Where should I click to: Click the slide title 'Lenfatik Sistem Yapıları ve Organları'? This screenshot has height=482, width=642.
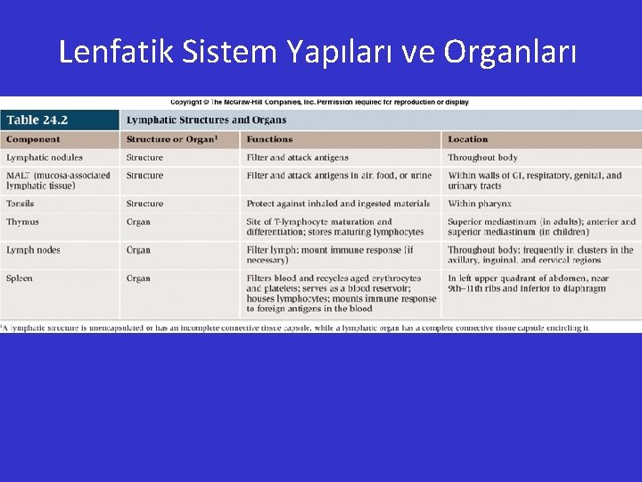(x=318, y=53)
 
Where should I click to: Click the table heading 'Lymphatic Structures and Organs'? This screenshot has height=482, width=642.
(x=206, y=120)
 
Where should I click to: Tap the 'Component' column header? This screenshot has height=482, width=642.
(x=33, y=139)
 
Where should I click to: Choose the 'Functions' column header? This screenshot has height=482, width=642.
(x=269, y=139)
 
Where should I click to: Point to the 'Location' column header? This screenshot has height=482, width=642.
(x=468, y=139)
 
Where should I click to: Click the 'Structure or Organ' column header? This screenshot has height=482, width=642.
(x=171, y=139)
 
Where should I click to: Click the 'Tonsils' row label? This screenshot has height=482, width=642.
(x=21, y=204)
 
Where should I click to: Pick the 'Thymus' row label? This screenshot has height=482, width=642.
(x=22, y=222)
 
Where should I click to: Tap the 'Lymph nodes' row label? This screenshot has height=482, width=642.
(x=33, y=250)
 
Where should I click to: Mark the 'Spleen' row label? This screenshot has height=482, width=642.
(x=20, y=278)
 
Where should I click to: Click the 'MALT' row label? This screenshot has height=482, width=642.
(x=58, y=180)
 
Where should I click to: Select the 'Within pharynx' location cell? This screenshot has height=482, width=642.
(x=480, y=204)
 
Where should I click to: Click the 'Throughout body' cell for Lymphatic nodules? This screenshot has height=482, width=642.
(x=482, y=158)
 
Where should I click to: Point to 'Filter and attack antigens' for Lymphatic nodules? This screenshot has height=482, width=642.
(x=297, y=158)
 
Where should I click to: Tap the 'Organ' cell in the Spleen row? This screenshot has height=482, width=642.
(x=138, y=278)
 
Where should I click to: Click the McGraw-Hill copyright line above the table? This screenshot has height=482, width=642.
(x=319, y=103)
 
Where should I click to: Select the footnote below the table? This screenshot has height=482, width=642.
(x=295, y=328)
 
